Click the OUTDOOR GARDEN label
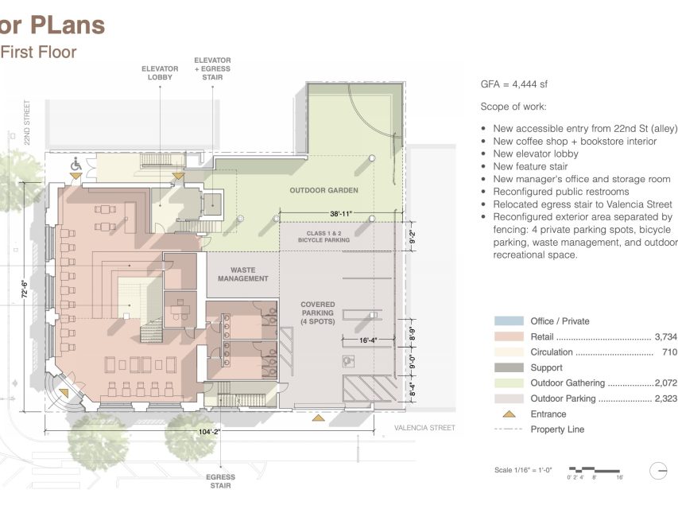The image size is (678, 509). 324,190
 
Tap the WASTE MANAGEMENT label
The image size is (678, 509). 242,274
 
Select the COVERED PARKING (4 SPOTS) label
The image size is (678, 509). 317,313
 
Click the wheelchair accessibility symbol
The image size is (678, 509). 77,164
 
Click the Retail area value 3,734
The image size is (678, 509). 664,337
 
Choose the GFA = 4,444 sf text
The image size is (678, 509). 513,84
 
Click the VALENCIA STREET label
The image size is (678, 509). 424,428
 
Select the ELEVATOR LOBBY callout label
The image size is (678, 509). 160,73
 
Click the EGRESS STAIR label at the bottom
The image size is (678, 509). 220,480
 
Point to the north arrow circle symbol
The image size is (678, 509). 658,471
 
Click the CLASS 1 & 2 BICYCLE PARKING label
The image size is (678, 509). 324,235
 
